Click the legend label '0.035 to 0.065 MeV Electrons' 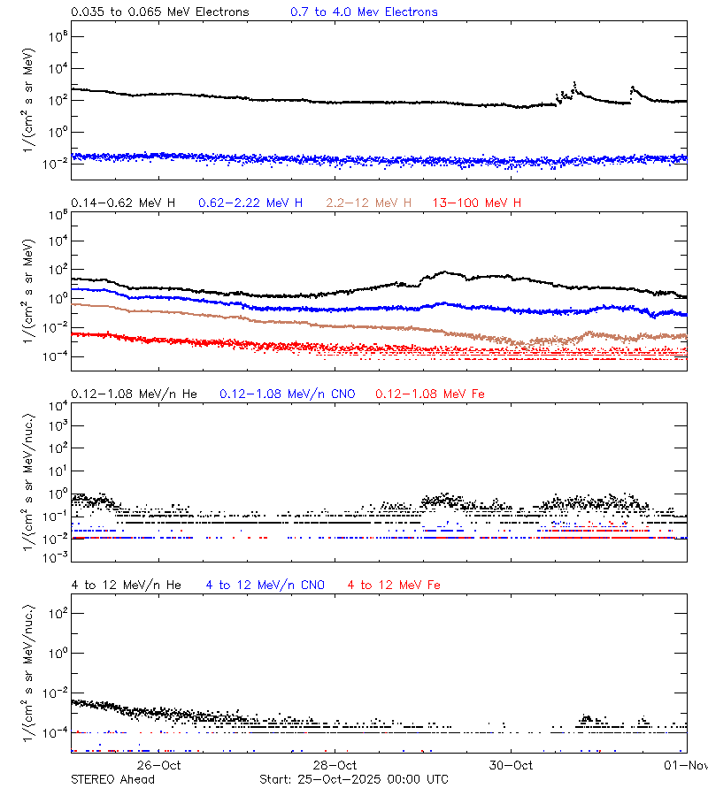point(159,12)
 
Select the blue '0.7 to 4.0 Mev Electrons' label point(364,12)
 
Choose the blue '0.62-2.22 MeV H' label point(250,203)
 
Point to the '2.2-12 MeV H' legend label point(369,203)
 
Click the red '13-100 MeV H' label point(477,203)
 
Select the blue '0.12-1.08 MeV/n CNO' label point(288,393)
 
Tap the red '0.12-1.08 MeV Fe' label point(430,393)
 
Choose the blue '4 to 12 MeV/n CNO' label point(265,585)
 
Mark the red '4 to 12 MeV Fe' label point(394,585)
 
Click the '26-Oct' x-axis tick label point(159,765)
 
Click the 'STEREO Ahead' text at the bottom point(112,779)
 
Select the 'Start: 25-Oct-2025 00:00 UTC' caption point(354,779)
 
